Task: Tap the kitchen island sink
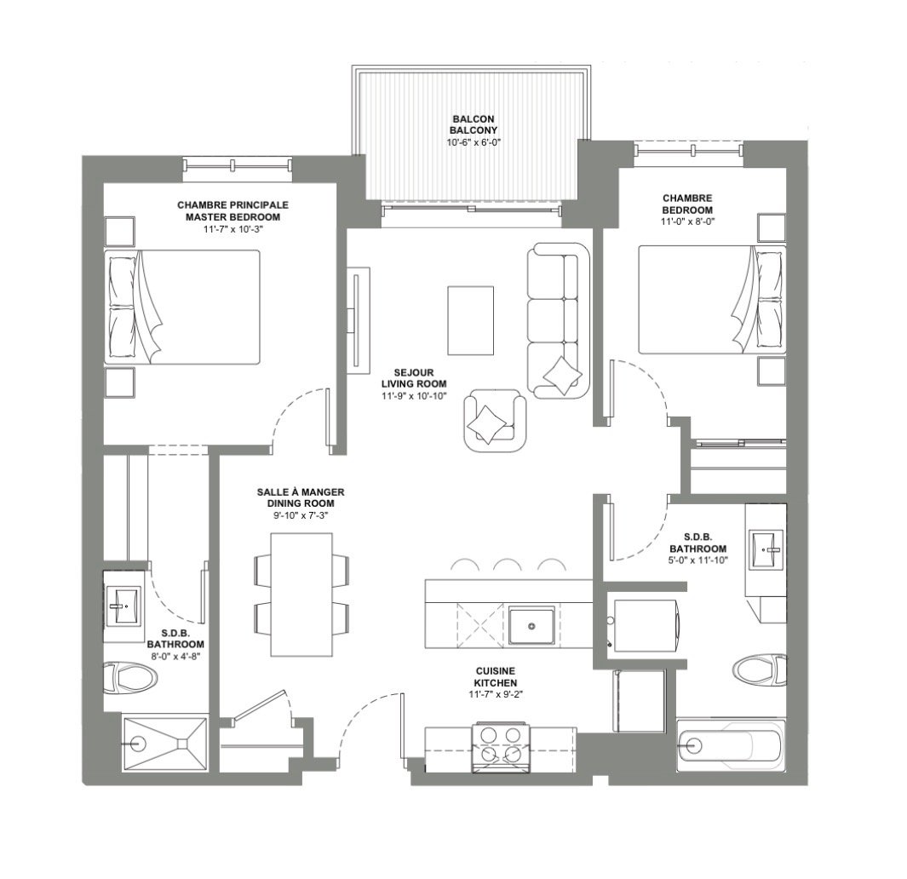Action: (531, 625)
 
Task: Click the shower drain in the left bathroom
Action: (138, 743)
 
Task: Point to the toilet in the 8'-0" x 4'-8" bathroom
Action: (131, 679)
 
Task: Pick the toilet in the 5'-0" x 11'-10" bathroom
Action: (759, 669)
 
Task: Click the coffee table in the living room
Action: (470, 320)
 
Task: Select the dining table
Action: (301, 595)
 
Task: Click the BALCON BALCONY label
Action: (474, 124)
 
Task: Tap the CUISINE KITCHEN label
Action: (496, 677)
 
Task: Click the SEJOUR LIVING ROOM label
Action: (414, 378)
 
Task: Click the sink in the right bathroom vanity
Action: (767, 549)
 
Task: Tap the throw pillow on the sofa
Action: (562, 376)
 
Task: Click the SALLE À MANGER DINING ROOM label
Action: (301, 497)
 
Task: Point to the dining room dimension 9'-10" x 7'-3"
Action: (301, 515)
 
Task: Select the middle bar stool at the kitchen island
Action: (508, 565)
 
